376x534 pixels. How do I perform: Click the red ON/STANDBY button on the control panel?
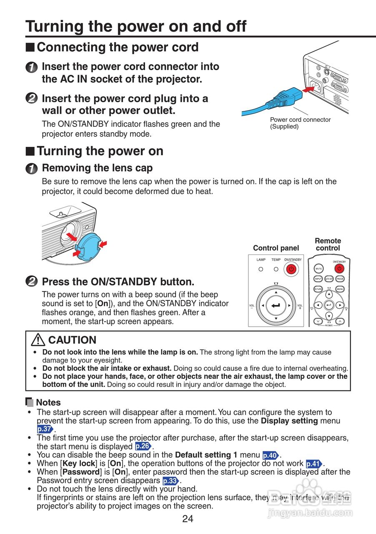[x=291, y=269]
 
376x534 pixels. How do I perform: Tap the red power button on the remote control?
[x=340, y=268]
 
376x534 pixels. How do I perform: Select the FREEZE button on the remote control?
[x=340, y=278]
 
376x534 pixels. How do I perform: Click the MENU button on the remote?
[x=340, y=289]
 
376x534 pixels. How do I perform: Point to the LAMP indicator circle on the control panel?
[x=261, y=269]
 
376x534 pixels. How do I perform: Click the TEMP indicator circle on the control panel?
[x=276, y=269]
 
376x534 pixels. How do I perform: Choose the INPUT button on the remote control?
[x=318, y=278]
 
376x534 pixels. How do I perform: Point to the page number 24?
[x=188, y=519]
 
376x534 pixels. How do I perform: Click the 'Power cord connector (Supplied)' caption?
[x=300, y=123]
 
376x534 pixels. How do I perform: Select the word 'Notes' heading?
[x=48, y=403]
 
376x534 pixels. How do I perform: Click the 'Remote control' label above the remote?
[x=328, y=244]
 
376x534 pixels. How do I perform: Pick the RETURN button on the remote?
[x=318, y=289]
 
